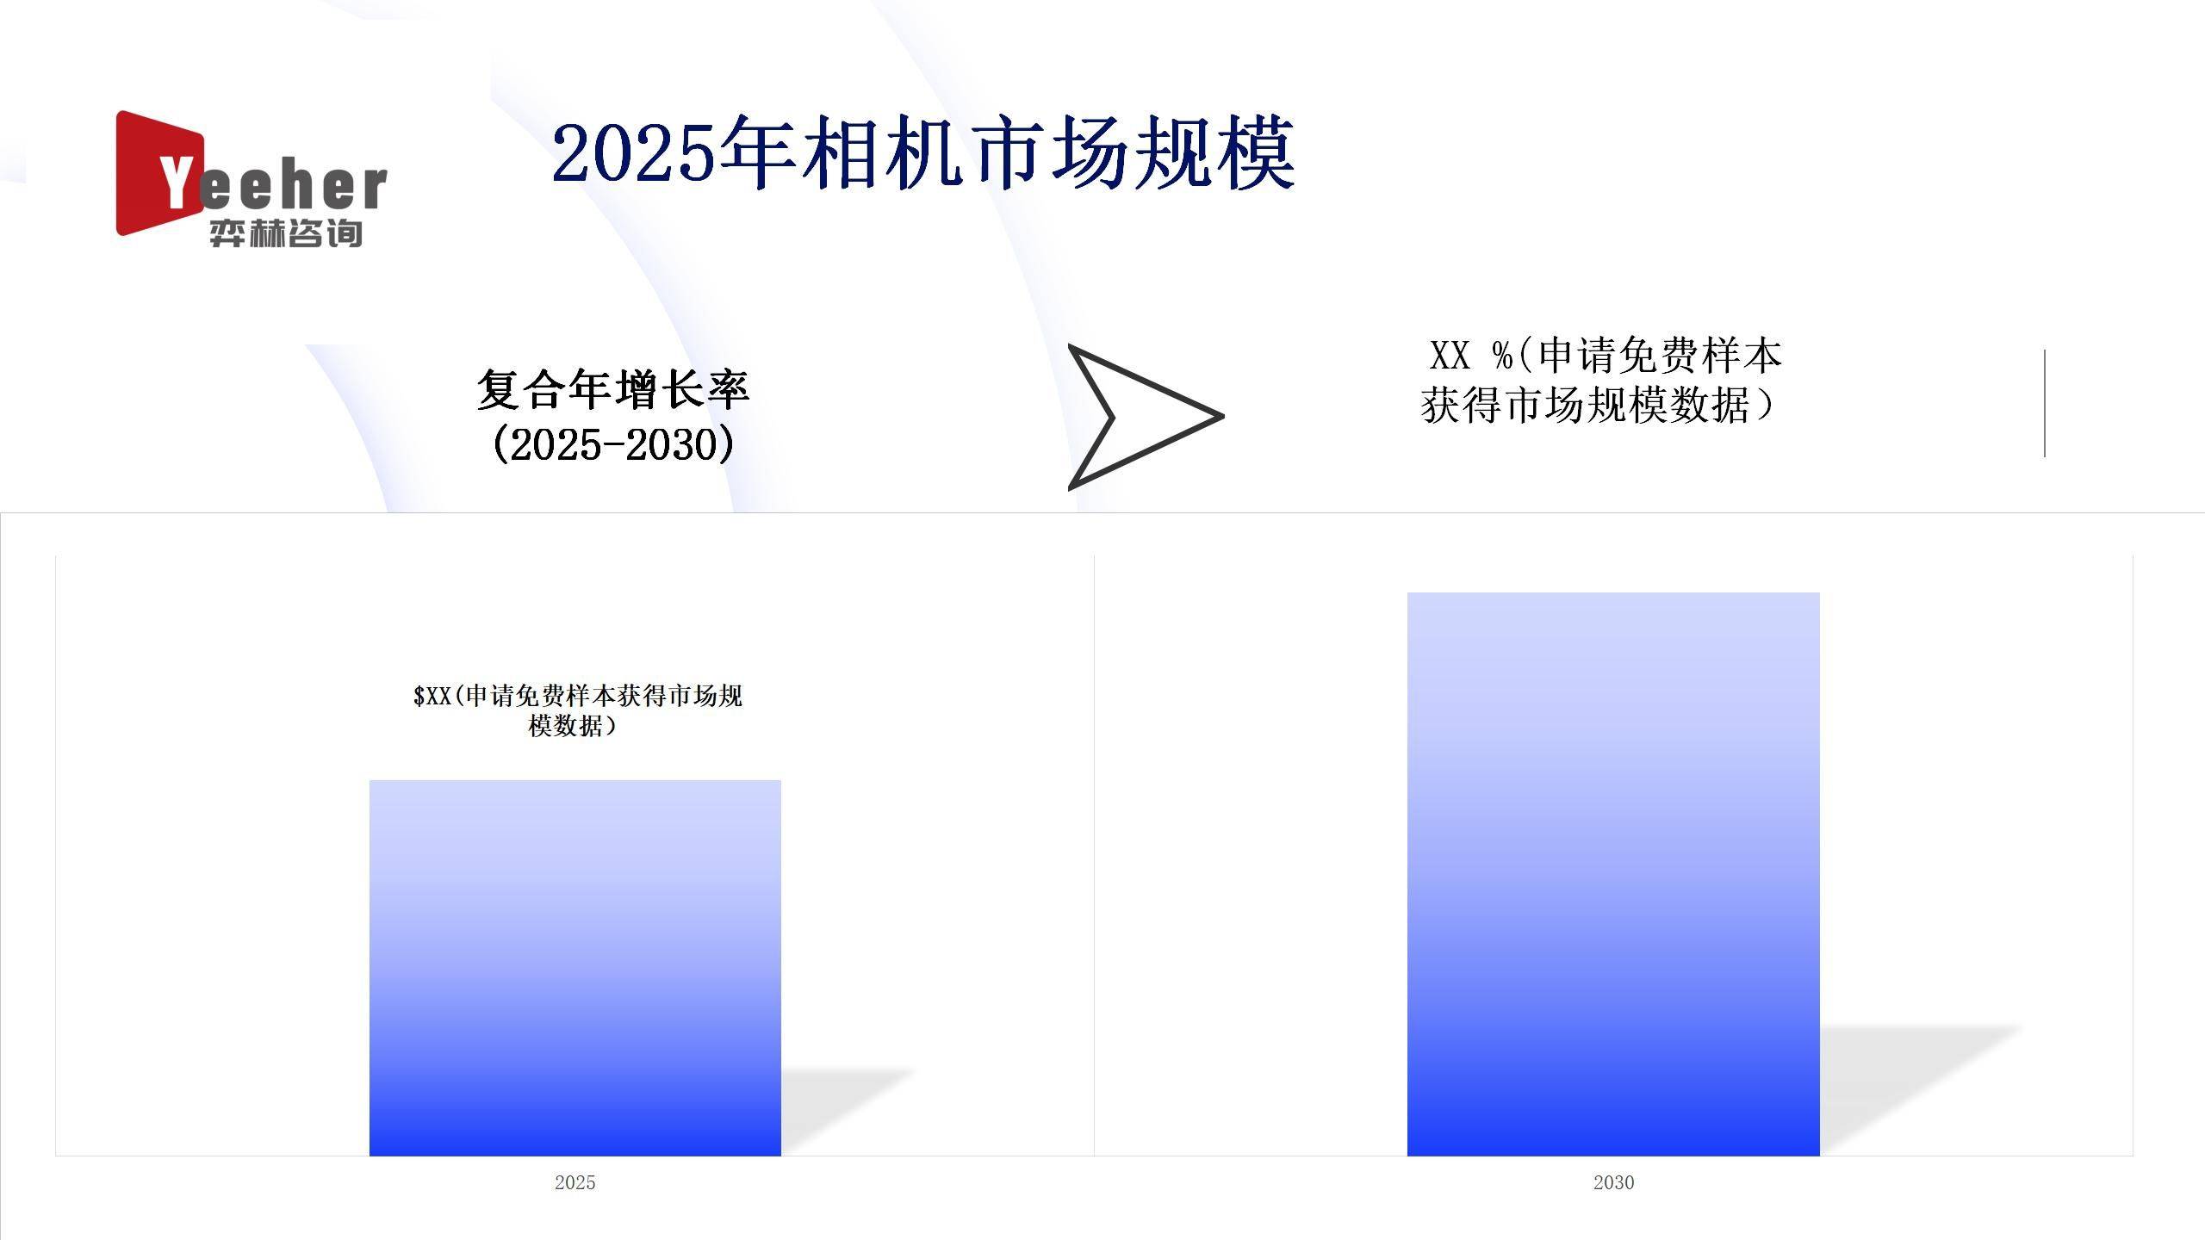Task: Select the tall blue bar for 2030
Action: [x=1612, y=873]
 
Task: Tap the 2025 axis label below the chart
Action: [x=575, y=1182]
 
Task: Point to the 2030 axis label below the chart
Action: [x=1613, y=1182]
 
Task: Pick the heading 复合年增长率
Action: [x=612, y=389]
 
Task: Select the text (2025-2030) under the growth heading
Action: [x=612, y=444]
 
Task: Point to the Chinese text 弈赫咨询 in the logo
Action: [x=285, y=233]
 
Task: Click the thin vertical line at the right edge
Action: [x=2044, y=402]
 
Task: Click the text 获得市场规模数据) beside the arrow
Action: [x=1597, y=406]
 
